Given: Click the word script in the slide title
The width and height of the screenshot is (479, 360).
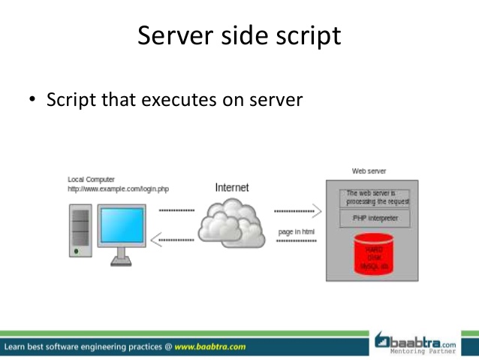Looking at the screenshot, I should point(306,35).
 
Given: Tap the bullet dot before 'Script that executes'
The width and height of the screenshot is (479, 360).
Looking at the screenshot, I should point(32,99).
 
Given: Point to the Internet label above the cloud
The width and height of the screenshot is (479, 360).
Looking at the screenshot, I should point(231,187).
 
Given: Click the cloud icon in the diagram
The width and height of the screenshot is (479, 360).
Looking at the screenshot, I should point(231,220).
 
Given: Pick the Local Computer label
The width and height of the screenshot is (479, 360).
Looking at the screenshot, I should point(91,180).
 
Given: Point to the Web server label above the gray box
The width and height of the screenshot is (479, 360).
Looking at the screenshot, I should point(369,171).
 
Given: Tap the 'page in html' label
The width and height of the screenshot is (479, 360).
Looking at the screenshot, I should point(296,231).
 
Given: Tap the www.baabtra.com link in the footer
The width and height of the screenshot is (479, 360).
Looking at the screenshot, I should point(210,347).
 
